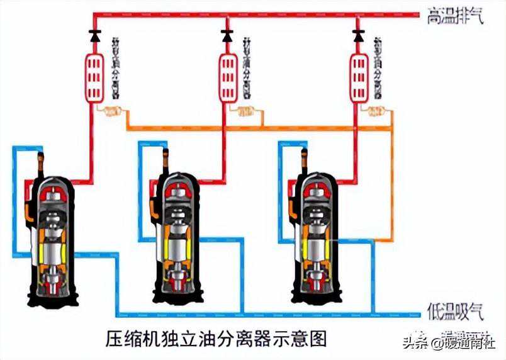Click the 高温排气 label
click(455, 16)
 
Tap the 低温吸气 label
click(455, 311)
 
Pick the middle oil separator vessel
click(227, 78)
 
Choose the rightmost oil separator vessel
click(359, 78)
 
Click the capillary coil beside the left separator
click(111, 113)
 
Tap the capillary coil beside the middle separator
click(246, 113)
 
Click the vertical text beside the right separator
click(379, 65)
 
